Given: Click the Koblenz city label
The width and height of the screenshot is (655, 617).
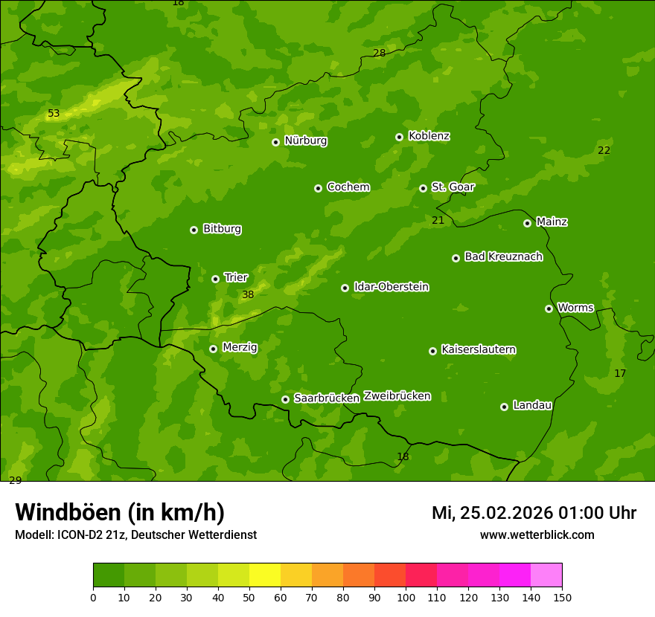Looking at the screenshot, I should [429, 136].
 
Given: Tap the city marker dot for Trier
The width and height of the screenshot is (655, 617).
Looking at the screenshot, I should [216, 279].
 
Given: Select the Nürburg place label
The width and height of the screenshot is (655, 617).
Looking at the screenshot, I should [305, 140].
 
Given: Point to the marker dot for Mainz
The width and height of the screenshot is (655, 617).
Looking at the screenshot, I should [527, 223].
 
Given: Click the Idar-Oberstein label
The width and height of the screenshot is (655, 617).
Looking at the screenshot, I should [391, 287].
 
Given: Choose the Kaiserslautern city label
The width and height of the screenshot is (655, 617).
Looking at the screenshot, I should [478, 349].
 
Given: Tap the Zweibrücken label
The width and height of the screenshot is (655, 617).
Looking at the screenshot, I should [397, 396].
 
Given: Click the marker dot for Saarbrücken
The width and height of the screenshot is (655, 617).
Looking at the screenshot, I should [285, 399].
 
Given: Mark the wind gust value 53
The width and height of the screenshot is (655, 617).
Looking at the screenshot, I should [54, 114].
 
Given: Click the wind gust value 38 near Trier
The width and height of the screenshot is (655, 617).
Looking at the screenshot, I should [248, 295].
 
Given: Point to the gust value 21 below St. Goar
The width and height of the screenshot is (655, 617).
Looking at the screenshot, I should [438, 220].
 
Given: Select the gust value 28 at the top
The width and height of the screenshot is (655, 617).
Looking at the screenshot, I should [379, 53].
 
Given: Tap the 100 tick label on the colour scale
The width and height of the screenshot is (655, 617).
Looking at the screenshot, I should [406, 597].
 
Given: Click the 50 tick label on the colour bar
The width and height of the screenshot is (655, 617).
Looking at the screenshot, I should [249, 597].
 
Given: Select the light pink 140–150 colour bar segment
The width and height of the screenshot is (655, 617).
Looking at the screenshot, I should [546, 575].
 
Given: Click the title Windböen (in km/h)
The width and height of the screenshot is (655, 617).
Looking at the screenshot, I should [119, 512].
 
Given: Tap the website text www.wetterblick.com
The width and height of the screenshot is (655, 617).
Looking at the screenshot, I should [537, 535].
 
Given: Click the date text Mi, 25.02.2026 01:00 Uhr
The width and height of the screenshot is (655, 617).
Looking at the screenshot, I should [534, 513].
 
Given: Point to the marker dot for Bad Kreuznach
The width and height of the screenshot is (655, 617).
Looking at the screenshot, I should [456, 258].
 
